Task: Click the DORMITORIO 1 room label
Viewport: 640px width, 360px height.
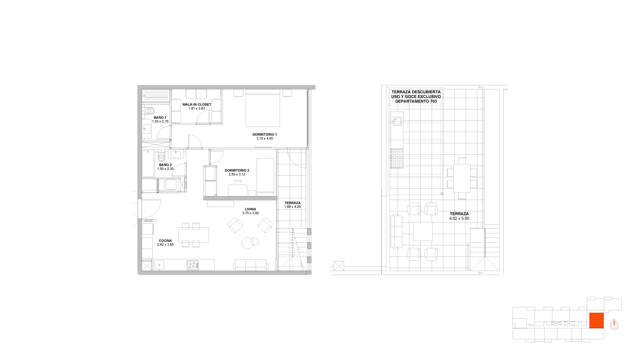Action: (265, 135)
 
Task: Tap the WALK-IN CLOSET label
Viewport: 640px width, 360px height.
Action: (197, 104)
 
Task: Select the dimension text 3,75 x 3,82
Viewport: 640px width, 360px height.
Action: (250, 213)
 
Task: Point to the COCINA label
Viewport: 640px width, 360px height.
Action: (165, 241)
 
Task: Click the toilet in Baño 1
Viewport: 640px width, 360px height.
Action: (149, 110)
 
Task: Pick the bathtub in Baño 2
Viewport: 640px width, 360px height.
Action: (148, 163)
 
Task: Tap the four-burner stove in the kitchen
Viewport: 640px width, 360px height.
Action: (193, 265)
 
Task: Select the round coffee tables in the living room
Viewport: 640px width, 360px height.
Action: (250, 242)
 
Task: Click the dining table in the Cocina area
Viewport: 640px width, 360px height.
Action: (194, 235)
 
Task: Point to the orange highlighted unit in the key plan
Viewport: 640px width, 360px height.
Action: (597, 321)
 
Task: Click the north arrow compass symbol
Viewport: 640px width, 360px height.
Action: (614, 325)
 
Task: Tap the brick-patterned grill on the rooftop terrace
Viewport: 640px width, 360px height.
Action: (397, 158)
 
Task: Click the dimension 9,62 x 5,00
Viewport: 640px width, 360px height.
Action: (459, 219)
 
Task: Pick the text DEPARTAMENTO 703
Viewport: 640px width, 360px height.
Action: (416, 101)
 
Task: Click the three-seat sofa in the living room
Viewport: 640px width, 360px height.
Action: (251, 265)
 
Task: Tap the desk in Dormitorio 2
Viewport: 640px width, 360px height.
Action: (238, 190)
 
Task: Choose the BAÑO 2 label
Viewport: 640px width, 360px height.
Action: (165, 165)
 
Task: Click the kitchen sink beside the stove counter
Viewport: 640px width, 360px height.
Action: (159, 265)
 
